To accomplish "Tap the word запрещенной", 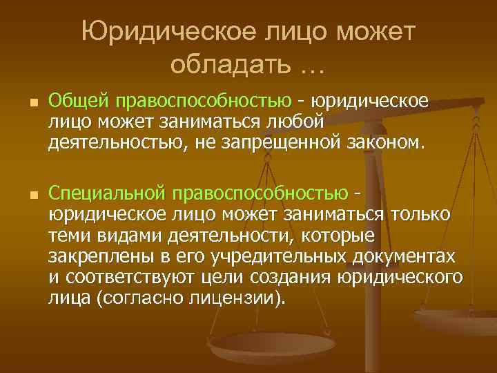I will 294,143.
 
